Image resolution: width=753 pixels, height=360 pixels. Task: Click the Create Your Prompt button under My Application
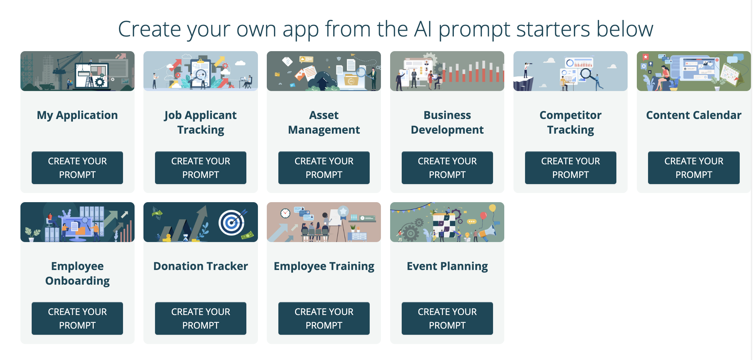click(77, 168)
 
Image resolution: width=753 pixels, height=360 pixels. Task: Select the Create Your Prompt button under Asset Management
click(324, 168)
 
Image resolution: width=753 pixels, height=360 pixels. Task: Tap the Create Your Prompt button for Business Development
click(447, 168)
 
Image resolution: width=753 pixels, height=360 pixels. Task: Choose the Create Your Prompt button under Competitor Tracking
click(570, 168)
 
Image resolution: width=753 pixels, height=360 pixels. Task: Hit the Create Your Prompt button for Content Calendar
click(694, 168)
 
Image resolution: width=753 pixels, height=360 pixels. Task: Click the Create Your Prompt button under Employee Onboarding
click(77, 318)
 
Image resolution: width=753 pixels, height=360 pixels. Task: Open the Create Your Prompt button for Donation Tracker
click(200, 318)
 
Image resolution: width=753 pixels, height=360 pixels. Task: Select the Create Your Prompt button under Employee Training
click(324, 318)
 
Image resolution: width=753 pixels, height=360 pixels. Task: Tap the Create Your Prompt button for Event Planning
click(447, 318)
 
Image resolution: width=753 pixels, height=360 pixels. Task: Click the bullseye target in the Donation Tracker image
click(232, 223)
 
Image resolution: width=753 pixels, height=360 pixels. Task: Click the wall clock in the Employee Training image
click(285, 213)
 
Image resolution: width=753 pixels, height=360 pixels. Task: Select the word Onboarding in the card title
click(77, 281)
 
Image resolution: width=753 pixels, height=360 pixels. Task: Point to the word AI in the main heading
click(423, 29)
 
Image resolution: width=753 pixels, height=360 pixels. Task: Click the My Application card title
click(77, 115)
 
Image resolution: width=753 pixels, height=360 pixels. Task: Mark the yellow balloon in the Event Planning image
click(492, 208)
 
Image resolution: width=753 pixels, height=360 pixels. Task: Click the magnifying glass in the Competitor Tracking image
click(587, 73)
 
